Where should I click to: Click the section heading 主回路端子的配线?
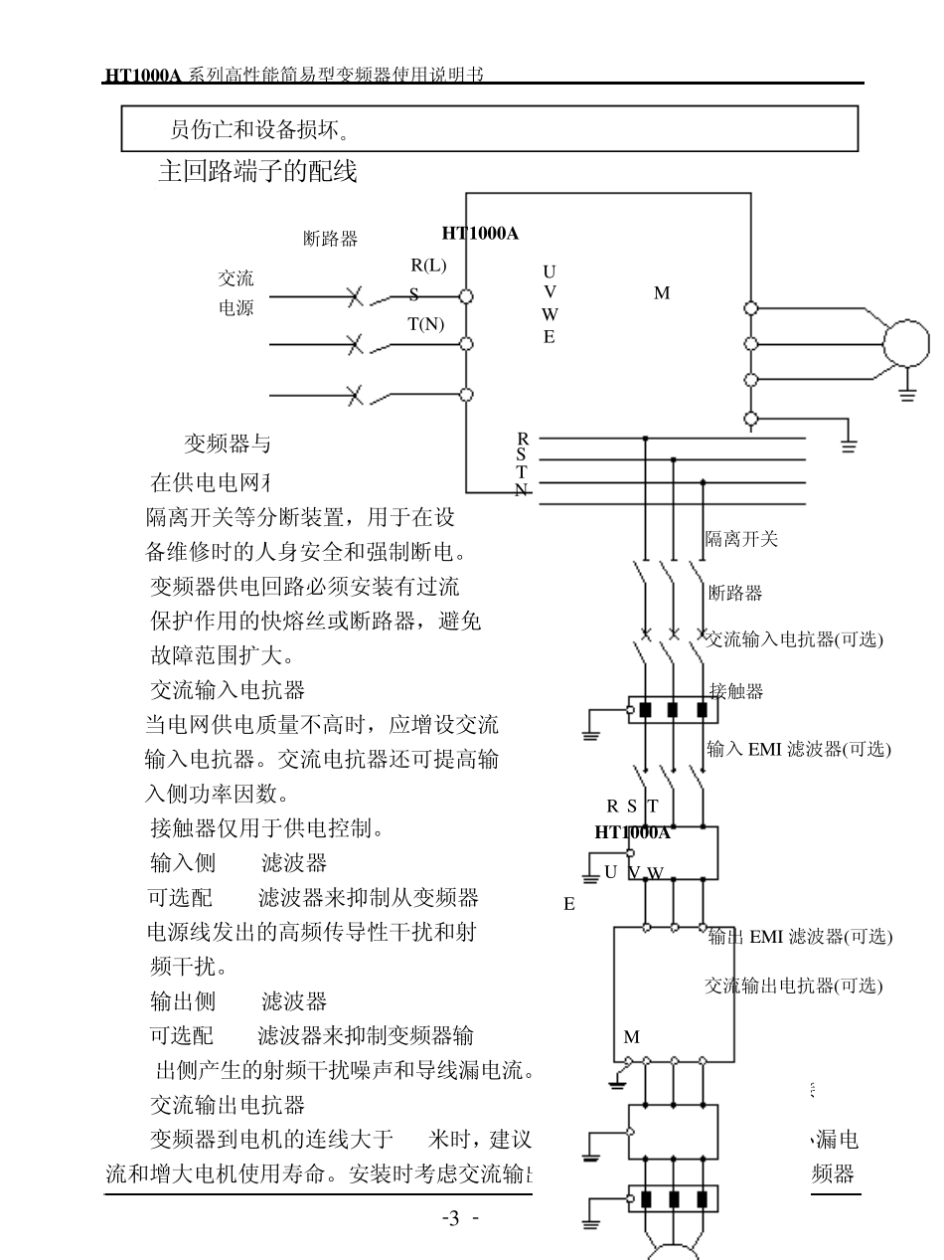pyautogui.click(x=257, y=172)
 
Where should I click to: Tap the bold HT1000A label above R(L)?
pyautogui.click(x=480, y=233)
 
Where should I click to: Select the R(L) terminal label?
pyautogui.click(x=428, y=265)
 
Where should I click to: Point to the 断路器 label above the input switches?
pyautogui.click(x=330, y=239)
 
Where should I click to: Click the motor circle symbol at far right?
pyautogui.click(x=906, y=343)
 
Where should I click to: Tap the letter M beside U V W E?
pyautogui.click(x=661, y=293)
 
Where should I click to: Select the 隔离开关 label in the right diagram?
pyautogui.click(x=741, y=539)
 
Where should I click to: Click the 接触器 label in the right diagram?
pyautogui.click(x=736, y=691)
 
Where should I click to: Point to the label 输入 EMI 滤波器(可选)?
pyautogui.click(x=799, y=750)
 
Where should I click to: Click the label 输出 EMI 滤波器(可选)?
pyautogui.click(x=800, y=936)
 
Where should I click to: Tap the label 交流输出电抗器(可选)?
pyautogui.click(x=793, y=986)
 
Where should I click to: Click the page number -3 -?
pyautogui.click(x=460, y=1220)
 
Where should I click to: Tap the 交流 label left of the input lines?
pyautogui.click(x=236, y=278)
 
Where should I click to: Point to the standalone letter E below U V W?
pyautogui.click(x=569, y=904)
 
